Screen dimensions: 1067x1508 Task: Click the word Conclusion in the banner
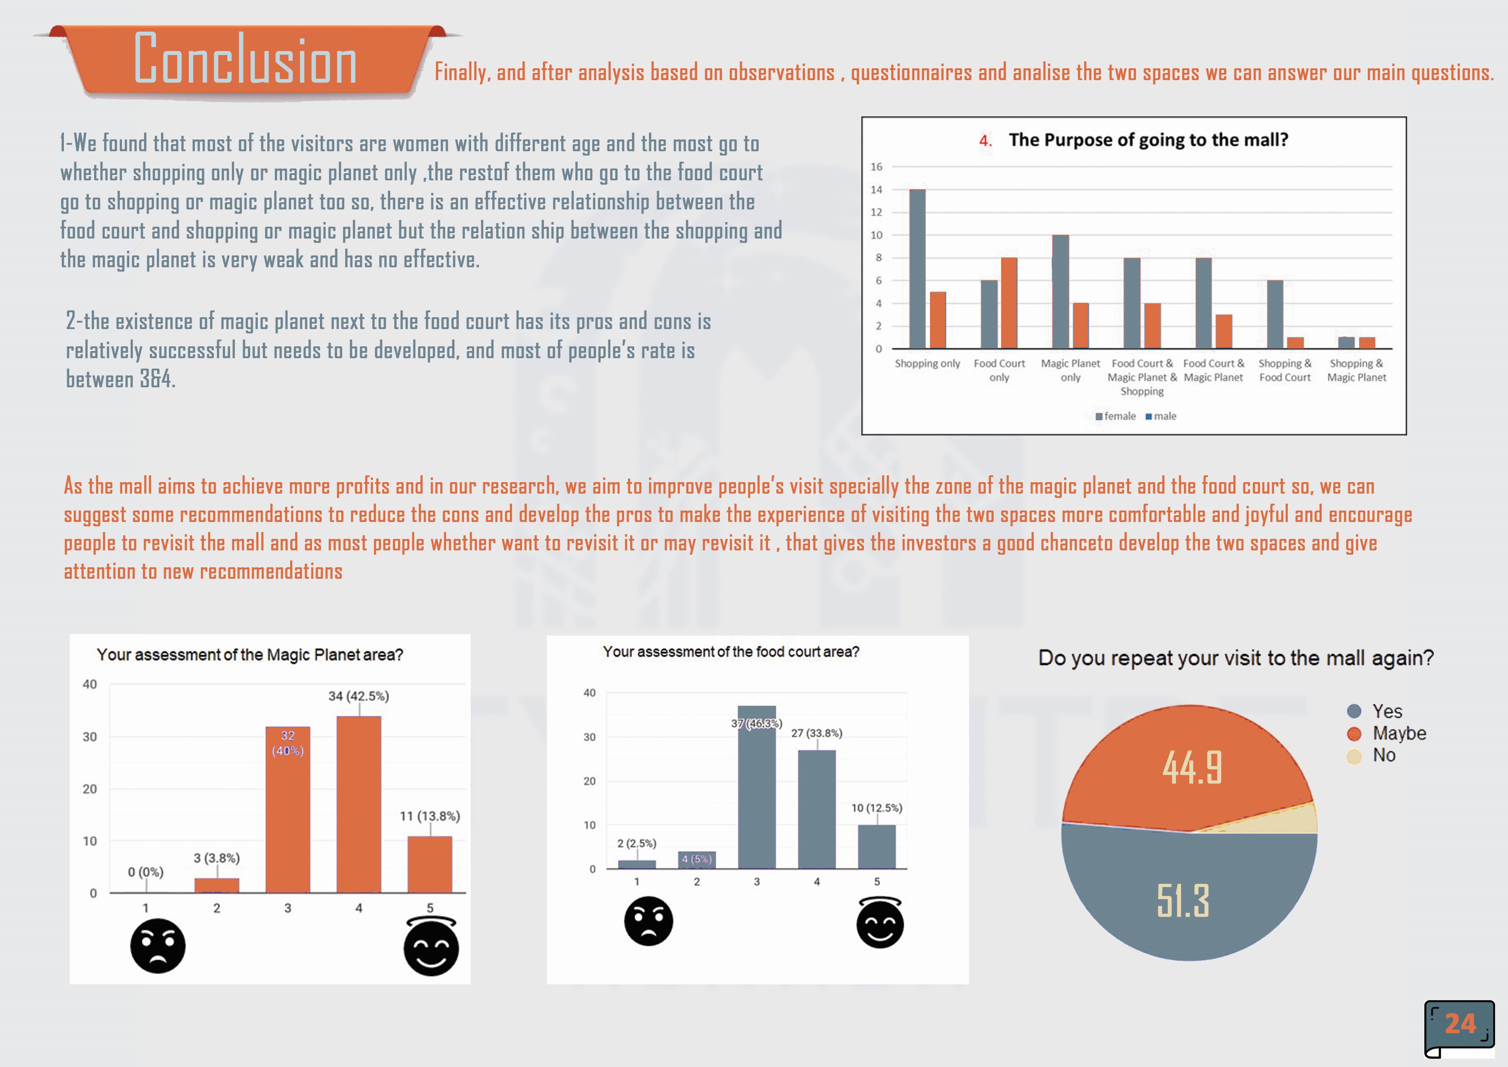[x=245, y=60]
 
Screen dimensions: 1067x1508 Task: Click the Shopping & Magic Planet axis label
[x=1356, y=370]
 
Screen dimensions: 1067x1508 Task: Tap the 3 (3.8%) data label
[x=217, y=858]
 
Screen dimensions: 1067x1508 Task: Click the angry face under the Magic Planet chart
[x=158, y=946]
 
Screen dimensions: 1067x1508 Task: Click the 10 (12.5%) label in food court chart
[x=877, y=808]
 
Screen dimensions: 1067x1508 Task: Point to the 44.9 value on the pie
[x=1192, y=767]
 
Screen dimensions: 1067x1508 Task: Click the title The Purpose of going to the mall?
[x=1148, y=140]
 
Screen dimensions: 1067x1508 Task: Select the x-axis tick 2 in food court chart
[x=697, y=882]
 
